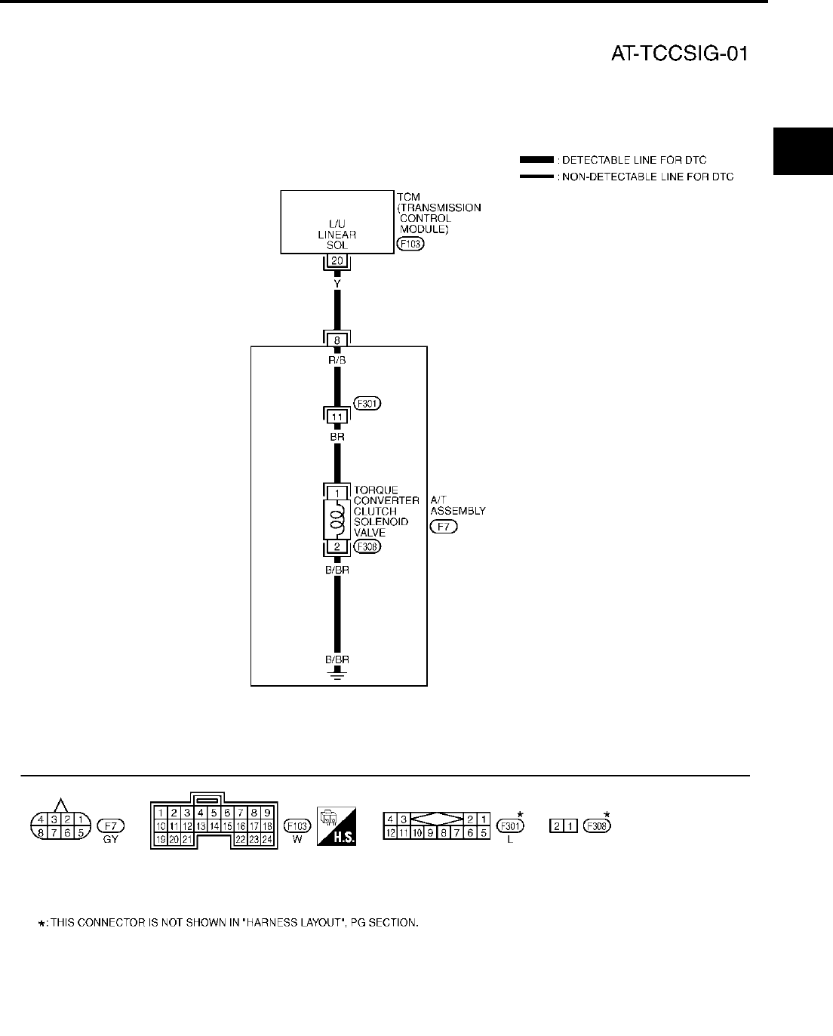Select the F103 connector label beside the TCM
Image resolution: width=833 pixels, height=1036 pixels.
(410, 244)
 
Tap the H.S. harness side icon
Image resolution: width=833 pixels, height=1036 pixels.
(337, 825)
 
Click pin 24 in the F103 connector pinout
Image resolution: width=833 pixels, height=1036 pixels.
(267, 839)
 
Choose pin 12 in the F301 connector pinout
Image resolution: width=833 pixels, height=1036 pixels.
(391, 832)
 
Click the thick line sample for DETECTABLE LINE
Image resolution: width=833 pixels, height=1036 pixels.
(537, 160)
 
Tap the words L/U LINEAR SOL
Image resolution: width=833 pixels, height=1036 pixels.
(337, 235)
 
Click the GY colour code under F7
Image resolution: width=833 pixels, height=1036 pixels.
(111, 840)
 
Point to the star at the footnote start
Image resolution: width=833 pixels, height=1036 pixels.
(41, 923)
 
